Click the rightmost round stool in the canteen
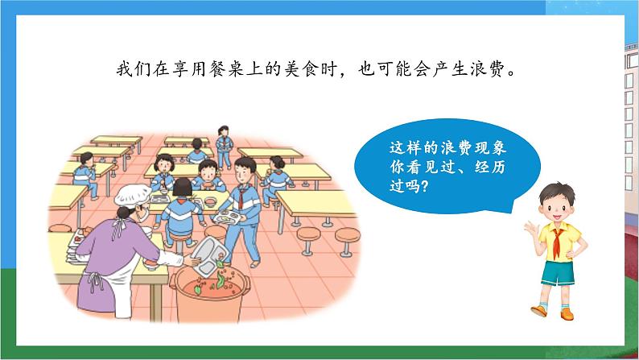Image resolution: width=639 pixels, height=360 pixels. pos(346,238)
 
